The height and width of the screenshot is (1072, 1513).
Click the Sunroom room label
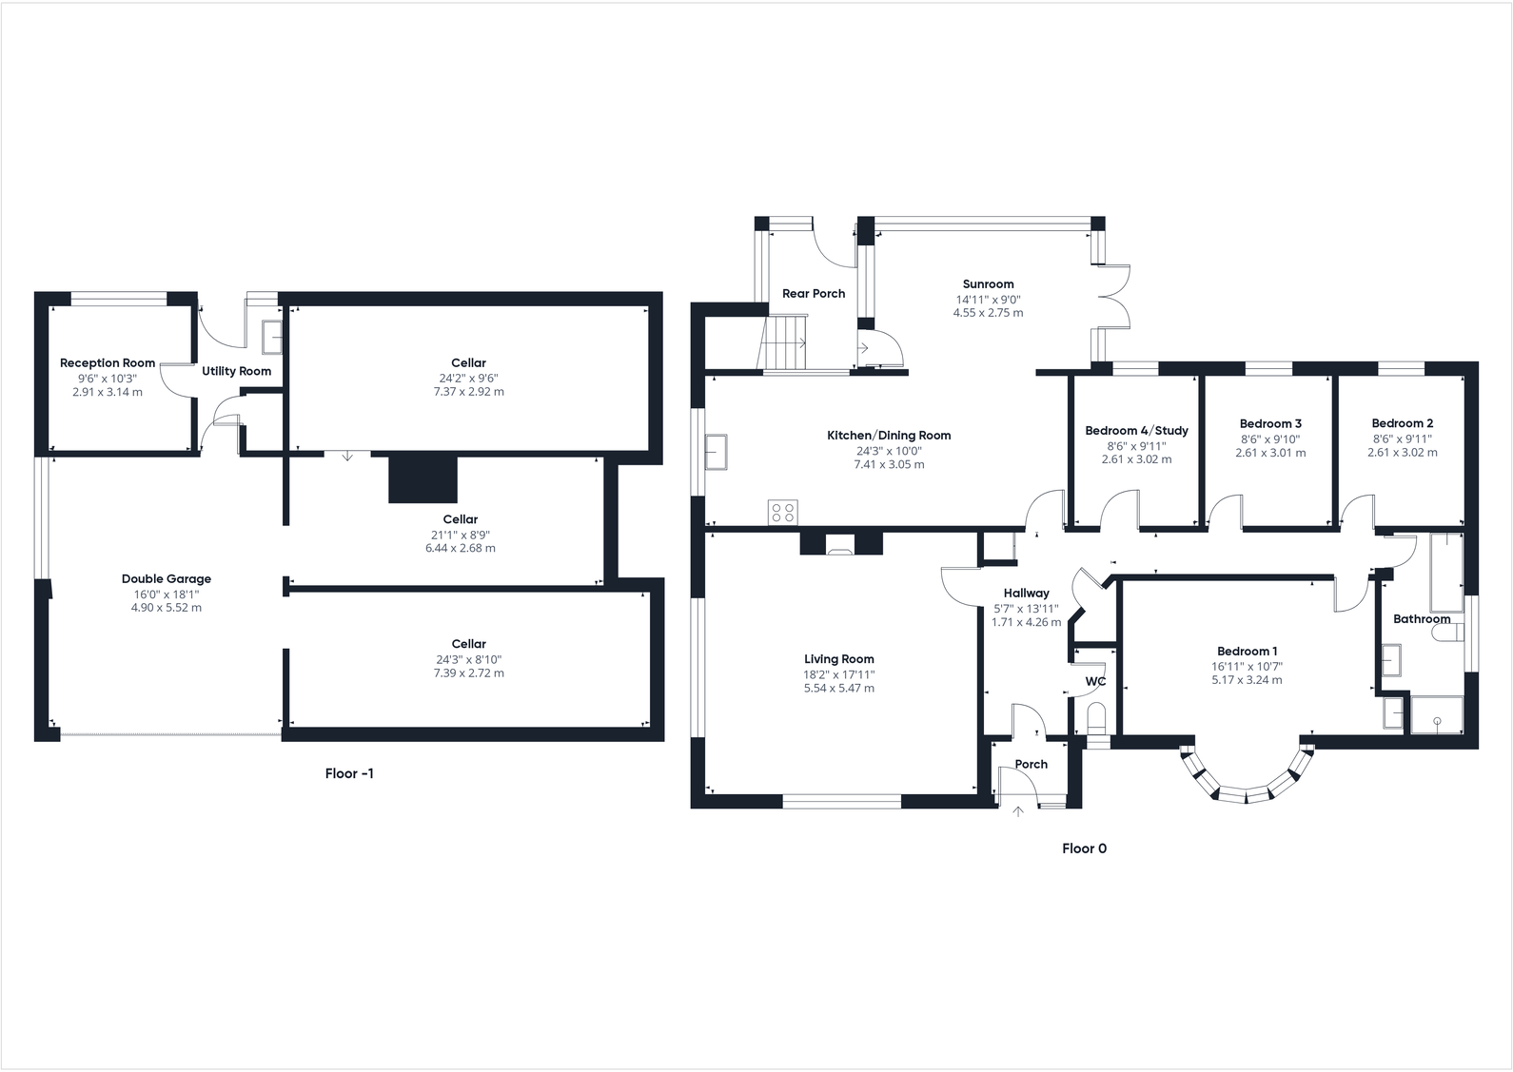point(988,283)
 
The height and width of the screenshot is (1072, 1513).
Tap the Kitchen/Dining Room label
point(889,436)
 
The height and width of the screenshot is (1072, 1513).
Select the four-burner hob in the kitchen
point(783,513)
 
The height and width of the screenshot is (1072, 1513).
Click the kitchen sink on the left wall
point(716,451)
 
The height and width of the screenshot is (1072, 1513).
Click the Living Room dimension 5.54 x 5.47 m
point(838,688)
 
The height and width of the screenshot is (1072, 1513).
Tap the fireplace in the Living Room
point(840,546)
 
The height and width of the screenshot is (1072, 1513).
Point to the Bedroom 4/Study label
point(1136,431)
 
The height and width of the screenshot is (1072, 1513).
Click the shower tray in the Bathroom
point(1437,714)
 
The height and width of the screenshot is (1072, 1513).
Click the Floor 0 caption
point(1084,848)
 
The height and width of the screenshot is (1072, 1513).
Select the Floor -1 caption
point(349,773)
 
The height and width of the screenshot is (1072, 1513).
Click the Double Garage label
point(167,578)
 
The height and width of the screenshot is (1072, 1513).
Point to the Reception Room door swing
point(177,378)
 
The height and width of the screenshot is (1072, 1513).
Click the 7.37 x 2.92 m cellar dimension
point(468,391)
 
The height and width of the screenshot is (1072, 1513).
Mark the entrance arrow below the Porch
point(1018,811)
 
